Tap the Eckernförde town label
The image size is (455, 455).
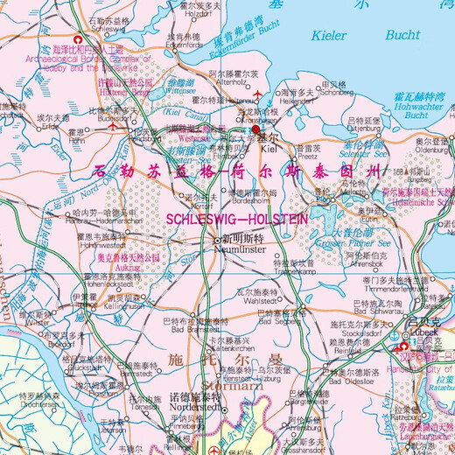click(185, 44)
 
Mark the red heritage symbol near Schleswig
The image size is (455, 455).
click(80, 41)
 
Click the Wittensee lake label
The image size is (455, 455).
click(179, 87)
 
